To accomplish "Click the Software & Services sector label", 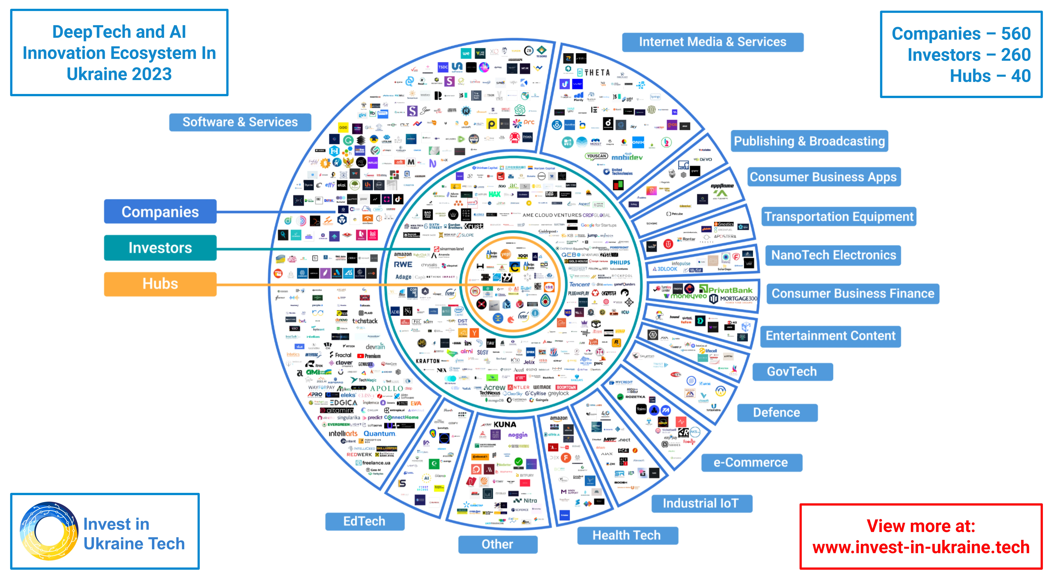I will (240, 122).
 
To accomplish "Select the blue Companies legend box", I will (160, 212).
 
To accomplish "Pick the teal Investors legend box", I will (160, 248).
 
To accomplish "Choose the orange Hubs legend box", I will (160, 283).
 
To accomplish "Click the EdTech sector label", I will (364, 521).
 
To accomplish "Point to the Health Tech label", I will (627, 535).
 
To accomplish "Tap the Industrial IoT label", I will (701, 503).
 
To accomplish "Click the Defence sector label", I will (777, 413).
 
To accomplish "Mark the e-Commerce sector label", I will (751, 462).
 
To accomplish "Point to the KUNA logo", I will (505, 424).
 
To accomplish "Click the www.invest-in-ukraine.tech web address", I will (921, 547).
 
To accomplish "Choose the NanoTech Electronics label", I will (834, 255).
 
